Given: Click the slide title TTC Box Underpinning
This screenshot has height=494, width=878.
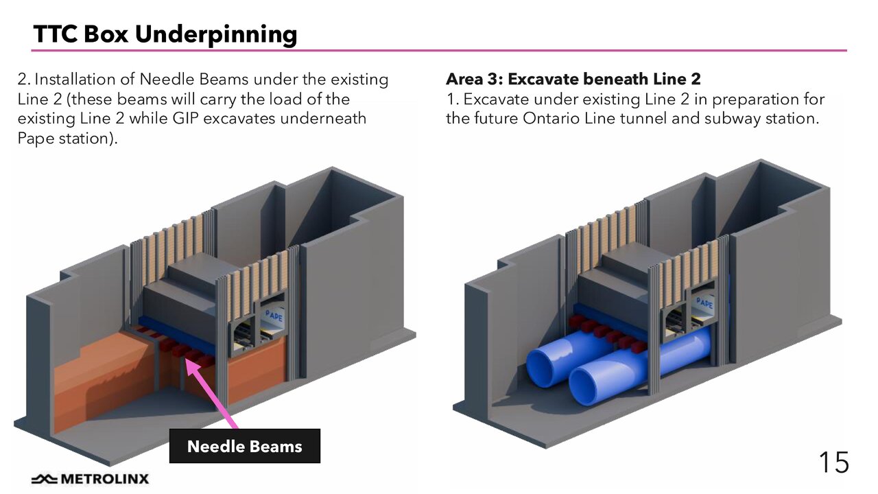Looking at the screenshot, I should (x=165, y=34).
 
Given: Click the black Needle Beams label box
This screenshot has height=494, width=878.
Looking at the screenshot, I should (x=244, y=447).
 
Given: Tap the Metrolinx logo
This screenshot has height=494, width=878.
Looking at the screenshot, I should (x=90, y=478).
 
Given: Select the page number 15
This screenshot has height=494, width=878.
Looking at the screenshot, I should (x=833, y=462).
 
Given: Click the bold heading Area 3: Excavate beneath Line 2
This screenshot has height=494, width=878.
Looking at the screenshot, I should (x=573, y=79).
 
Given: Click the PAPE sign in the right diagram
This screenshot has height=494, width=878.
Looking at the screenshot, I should (x=704, y=303).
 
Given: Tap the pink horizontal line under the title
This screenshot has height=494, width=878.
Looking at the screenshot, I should (x=439, y=51).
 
